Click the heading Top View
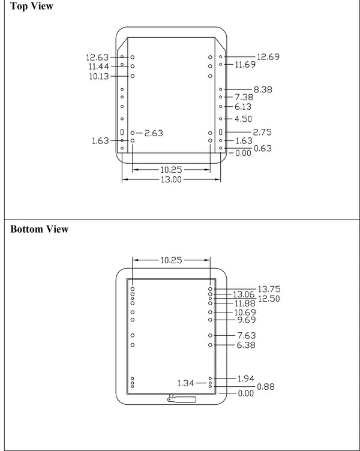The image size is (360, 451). click(x=32, y=7)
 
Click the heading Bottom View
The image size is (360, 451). click(x=39, y=230)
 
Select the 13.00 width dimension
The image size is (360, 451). click(x=171, y=180)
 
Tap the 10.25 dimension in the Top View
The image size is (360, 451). click(x=171, y=170)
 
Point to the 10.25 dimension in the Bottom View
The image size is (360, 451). click(x=171, y=260)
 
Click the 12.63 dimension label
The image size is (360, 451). click(x=97, y=58)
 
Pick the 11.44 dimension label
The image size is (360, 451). click(x=98, y=67)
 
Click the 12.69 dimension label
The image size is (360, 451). click(x=268, y=57)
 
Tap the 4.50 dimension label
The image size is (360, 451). click(x=243, y=119)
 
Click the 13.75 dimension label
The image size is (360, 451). click(x=269, y=289)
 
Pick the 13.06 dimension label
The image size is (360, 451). click(x=244, y=294)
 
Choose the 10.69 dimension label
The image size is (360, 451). click(x=246, y=312)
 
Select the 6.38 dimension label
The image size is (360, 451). click(x=246, y=345)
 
